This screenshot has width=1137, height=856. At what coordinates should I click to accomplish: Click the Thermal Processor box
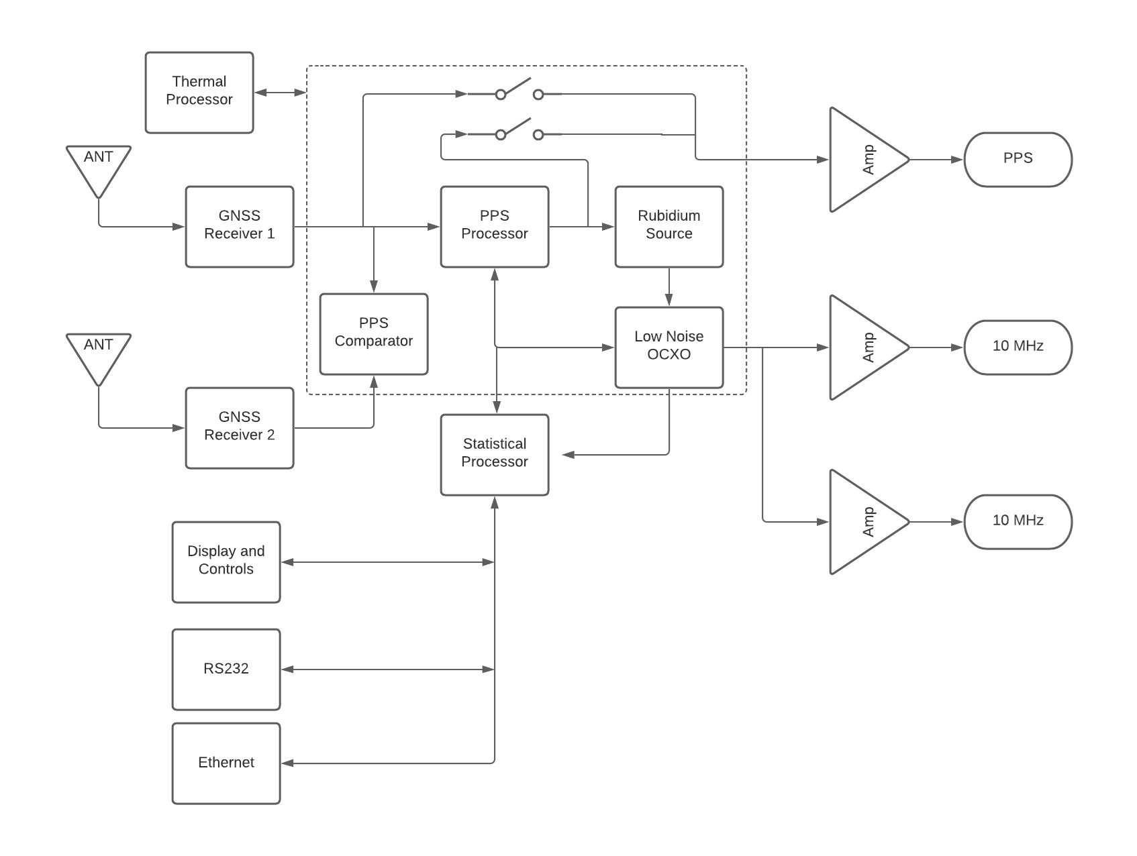(x=199, y=93)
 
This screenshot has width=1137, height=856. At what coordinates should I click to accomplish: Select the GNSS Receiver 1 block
(x=240, y=227)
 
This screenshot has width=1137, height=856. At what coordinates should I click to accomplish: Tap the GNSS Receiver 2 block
(x=240, y=428)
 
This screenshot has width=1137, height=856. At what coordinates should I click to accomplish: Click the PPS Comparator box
(x=374, y=334)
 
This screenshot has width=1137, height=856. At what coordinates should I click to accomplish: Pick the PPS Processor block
(x=495, y=227)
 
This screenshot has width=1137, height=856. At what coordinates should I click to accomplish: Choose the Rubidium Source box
(x=669, y=227)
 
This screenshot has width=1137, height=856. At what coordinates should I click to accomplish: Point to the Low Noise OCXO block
(x=669, y=347)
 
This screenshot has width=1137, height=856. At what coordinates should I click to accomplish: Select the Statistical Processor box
(x=495, y=455)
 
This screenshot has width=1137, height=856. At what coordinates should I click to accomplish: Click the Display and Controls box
(x=226, y=562)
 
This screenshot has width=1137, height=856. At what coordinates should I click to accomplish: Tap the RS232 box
(x=226, y=670)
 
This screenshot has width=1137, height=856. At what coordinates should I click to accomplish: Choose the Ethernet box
(x=226, y=763)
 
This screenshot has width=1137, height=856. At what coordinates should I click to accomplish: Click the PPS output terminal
(x=1018, y=160)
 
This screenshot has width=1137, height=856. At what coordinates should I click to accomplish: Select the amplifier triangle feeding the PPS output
(x=862, y=160)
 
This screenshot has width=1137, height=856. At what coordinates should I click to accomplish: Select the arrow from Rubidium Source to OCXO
(x=669, y=287)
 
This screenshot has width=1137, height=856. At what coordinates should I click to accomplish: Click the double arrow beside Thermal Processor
(x=281, y=93)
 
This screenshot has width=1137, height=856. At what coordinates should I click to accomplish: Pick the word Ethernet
(x=226, y=763)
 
